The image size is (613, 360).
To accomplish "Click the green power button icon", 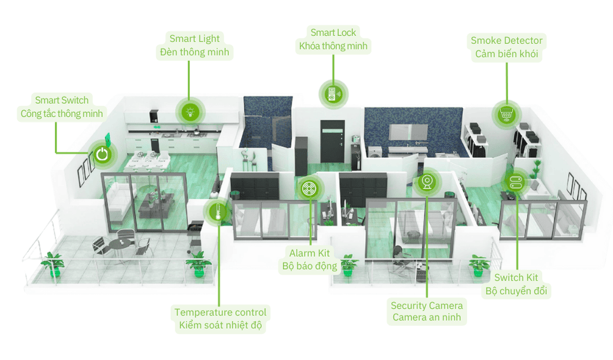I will (102, 154).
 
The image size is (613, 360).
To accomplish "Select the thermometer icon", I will (216, 212).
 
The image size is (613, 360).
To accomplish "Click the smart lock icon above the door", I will (333, 94).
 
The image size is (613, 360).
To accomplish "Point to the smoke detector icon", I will (506, 113).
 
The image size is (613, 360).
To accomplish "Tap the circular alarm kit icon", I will (309, 189).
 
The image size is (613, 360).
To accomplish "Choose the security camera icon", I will (427, 182).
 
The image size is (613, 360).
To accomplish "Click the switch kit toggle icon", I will (514, 181).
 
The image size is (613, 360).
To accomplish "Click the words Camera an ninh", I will (427, 318).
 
